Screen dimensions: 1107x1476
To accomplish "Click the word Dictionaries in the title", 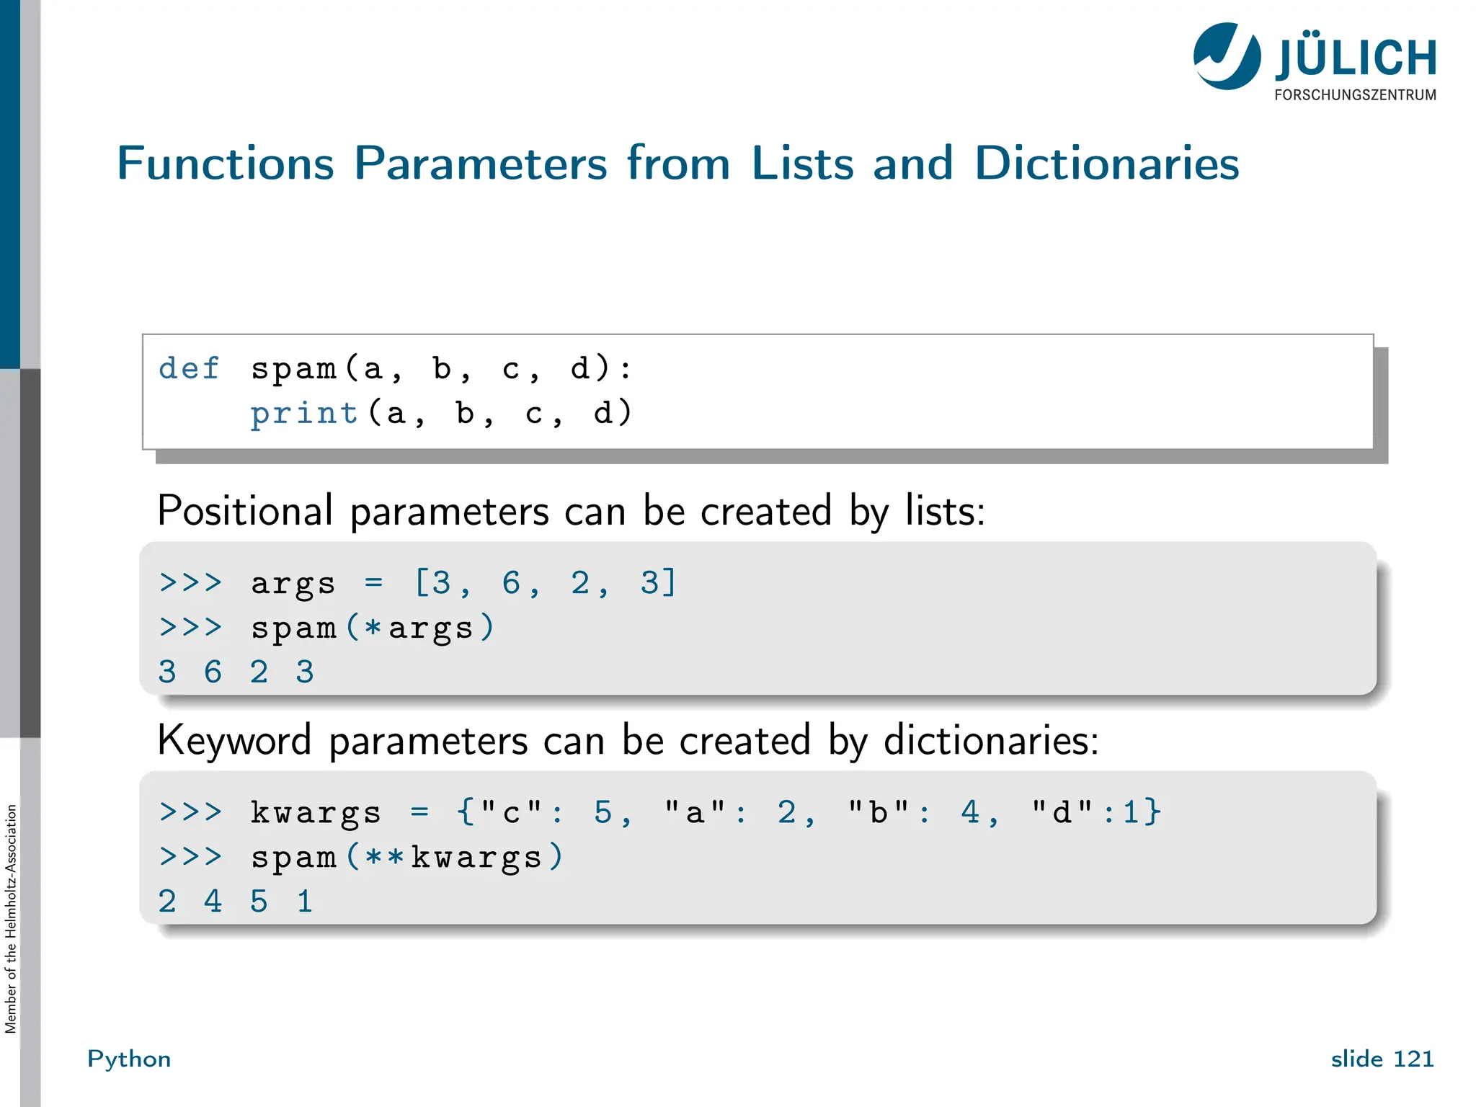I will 1106,163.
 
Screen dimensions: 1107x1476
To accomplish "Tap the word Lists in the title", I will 802,163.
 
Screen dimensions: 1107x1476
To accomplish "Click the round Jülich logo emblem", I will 1227,56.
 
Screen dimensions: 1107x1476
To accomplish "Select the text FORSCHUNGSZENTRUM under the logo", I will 1355,95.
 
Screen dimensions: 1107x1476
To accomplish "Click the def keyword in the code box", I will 189,368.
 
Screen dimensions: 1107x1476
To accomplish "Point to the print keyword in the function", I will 304,413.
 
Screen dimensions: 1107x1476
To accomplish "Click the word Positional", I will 245,511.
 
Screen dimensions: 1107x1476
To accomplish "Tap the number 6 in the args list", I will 511,582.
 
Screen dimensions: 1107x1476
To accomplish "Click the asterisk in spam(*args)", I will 373,627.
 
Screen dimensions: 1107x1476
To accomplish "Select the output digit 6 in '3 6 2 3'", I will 213,672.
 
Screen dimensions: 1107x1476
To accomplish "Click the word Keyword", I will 234,740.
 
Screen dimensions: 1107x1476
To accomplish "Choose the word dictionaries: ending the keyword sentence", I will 991,740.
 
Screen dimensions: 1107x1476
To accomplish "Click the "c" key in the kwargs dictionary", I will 511,812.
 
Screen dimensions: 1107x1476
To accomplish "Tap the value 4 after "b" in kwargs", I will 970,812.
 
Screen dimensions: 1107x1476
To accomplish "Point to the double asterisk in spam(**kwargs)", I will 384,857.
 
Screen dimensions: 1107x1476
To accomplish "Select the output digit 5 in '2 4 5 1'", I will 259,902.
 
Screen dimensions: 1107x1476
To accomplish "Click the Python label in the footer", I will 129,1059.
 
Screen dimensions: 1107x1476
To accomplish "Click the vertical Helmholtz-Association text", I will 11,919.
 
